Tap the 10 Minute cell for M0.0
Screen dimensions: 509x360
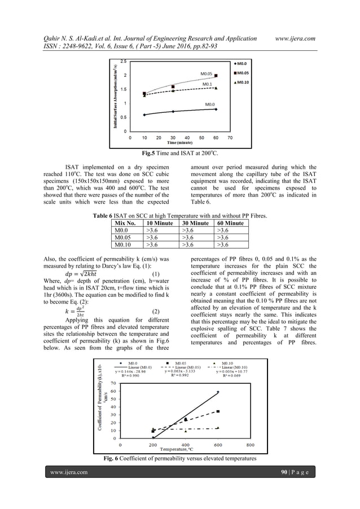(152, 231)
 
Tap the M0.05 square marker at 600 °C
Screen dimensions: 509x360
(218, 411)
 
